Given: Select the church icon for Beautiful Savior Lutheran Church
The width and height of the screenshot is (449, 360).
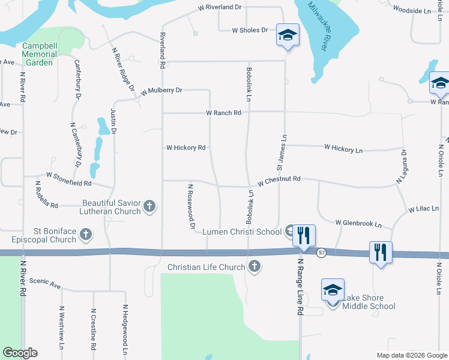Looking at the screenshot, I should tap(149, 208).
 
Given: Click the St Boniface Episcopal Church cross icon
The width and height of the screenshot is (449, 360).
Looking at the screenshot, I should tap(86, 234).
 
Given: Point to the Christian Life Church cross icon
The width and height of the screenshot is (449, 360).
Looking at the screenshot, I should tap(255, 267).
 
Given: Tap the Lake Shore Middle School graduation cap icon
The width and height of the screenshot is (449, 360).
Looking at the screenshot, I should tap(333, 291).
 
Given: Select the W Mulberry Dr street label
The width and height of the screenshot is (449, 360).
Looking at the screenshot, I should tap(161, 91).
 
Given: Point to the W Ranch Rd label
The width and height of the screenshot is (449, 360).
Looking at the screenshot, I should tap(223, 112).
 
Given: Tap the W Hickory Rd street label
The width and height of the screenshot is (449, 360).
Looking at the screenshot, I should tap(185, 148).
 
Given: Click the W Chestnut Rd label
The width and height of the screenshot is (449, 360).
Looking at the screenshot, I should tap(279, 181).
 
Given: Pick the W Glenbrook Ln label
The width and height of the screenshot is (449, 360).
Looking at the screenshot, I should tap(358, 223).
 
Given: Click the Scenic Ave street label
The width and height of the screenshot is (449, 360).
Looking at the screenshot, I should tap(45, 282).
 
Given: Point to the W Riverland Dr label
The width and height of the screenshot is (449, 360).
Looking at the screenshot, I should tap(220, 7).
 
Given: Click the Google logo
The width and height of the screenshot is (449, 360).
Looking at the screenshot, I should tap(20, 353).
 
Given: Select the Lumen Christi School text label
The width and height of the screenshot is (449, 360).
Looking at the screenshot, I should tap(242, 232).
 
